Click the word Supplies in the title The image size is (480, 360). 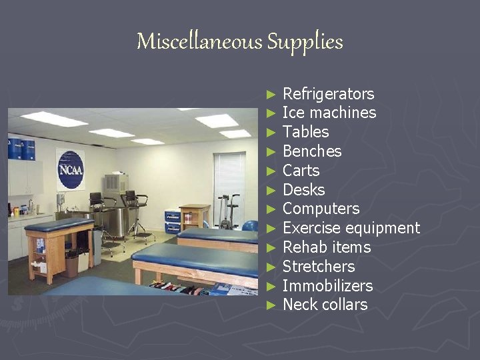(305, 43)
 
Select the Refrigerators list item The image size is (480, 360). (328, 94)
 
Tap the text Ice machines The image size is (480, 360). (329, 113)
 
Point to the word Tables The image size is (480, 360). (305, 132)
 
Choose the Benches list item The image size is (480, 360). (311, 151)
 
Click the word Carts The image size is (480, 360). (301, 171)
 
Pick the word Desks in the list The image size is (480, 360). (303, 190)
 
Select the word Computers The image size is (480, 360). (321, 209)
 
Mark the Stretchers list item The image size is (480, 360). (318, 267)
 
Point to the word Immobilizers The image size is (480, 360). (327, 286)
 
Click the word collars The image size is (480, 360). (343, 305)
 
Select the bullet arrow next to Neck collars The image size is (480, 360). (270, 305)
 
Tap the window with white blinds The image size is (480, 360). (229, 179)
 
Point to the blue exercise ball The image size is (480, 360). (251, 225)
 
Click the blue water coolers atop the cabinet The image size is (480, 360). (21, 148)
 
